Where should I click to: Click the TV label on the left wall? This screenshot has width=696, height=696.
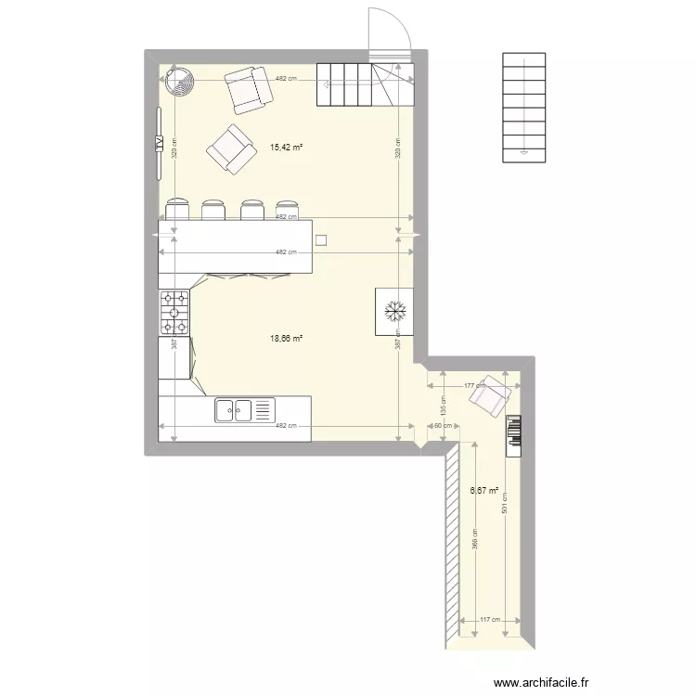(x=160, y=144)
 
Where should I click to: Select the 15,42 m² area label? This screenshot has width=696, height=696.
(x=286, y=147)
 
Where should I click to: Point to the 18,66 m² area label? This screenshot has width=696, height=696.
(x=286, y=339)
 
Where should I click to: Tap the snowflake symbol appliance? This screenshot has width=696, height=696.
(x=393, y=311)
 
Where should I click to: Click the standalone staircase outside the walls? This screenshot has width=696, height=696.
(x=525, y=108)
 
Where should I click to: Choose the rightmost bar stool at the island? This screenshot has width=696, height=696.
(x=286, y=209)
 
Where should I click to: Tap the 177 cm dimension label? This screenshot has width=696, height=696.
(x=469, y=385)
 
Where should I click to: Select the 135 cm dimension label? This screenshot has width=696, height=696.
(x=443, y=406)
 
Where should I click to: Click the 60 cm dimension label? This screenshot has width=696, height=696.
(x=444, y=426)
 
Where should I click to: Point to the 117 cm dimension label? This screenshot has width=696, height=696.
(x=489, y=621)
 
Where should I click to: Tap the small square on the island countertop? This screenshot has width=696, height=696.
(x=321, y=239)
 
